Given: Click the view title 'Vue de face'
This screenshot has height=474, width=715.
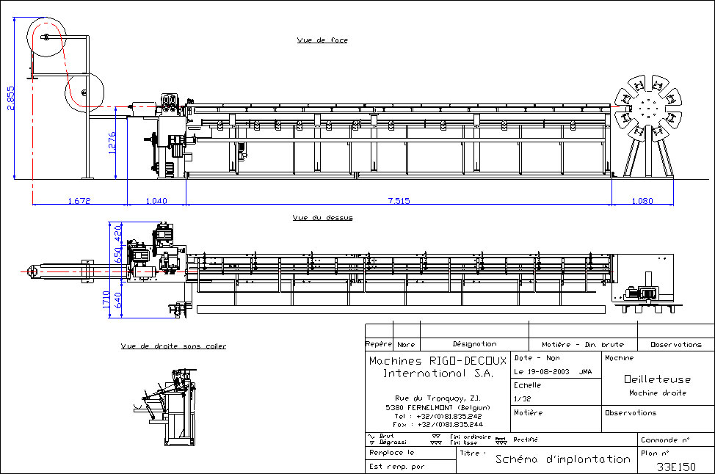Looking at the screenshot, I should (x=322, y=40).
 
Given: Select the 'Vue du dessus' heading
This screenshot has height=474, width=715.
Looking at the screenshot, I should (x=322, y=217).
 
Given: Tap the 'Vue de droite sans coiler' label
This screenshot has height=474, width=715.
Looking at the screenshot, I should (x=173, y=346).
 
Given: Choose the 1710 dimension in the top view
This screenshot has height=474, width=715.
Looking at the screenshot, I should (x=107, y=299).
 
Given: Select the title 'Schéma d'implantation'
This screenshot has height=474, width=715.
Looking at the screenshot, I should (x=562, y=459).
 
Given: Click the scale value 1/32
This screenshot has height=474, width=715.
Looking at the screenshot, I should (x=523, y=398).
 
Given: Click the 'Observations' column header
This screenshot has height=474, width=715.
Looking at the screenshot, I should (x=675, y=344).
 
